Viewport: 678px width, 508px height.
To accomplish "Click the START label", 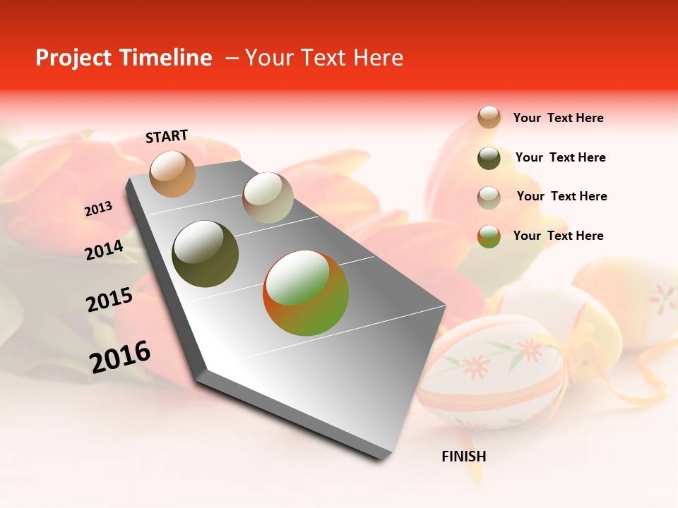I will pos(167,136).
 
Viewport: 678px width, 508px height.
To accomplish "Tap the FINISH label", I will pos(464,456).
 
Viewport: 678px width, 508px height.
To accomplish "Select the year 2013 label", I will pos(99,209).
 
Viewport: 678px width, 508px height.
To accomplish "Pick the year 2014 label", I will pos(105,250).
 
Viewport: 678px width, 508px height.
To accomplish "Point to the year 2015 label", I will pos(109,301).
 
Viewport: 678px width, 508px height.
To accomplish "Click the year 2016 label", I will pos(120,357).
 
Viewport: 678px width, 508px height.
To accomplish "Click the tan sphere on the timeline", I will pos(173,174).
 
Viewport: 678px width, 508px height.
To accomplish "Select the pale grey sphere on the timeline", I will pos(268,198).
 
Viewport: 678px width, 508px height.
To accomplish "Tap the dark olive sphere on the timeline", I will pos(206,254).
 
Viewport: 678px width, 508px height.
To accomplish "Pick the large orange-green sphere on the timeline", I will pos(306,293).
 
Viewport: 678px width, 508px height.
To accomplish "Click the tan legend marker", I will pos(489,117).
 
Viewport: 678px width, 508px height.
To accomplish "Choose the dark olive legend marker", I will pos(489,158).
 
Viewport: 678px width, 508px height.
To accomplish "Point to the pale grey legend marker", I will pos(489,197).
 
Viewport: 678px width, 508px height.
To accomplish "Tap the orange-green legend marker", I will pos(489,236).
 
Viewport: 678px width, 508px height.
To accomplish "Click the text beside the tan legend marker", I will pos(558,118).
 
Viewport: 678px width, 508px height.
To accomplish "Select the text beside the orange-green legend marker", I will pos(558,236).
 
